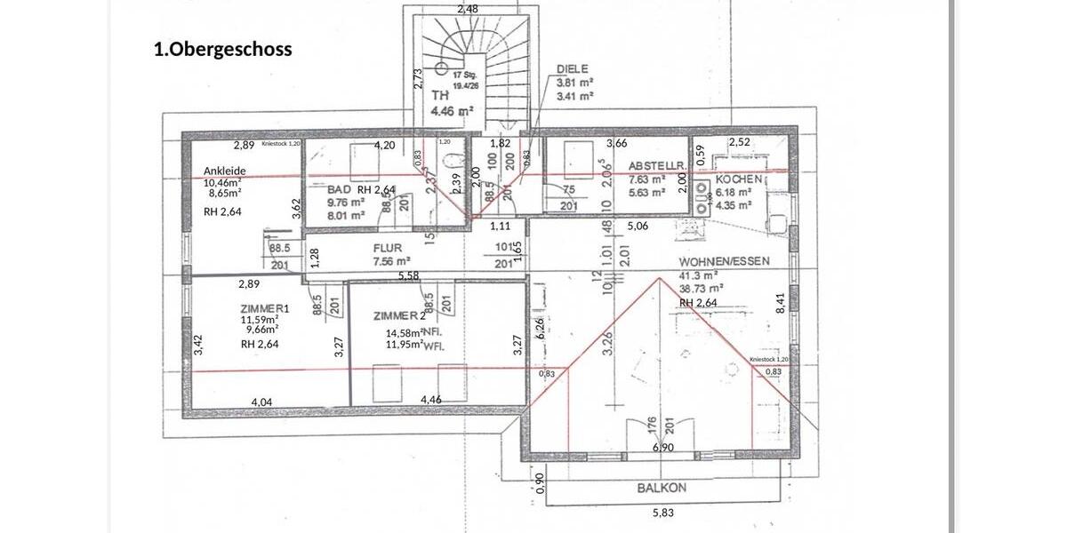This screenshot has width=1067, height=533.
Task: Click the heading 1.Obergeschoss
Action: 222,50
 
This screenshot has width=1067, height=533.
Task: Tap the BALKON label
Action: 662,488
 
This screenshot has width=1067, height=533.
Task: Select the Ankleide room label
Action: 224,171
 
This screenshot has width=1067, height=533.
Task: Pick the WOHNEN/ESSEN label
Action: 724,262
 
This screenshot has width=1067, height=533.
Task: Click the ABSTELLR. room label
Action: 656,166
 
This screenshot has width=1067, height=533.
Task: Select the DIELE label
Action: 574,68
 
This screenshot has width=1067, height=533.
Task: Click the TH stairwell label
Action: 440,94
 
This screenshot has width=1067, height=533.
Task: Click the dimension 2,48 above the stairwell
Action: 468,9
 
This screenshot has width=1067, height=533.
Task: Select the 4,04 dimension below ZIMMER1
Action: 261,402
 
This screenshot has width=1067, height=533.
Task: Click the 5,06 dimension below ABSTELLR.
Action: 638,226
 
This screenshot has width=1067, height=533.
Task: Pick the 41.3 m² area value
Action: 699,275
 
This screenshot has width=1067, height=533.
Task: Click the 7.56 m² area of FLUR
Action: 391,261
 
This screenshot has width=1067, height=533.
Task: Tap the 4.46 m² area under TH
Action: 452,111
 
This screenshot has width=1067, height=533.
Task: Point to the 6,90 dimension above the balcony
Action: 662,448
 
